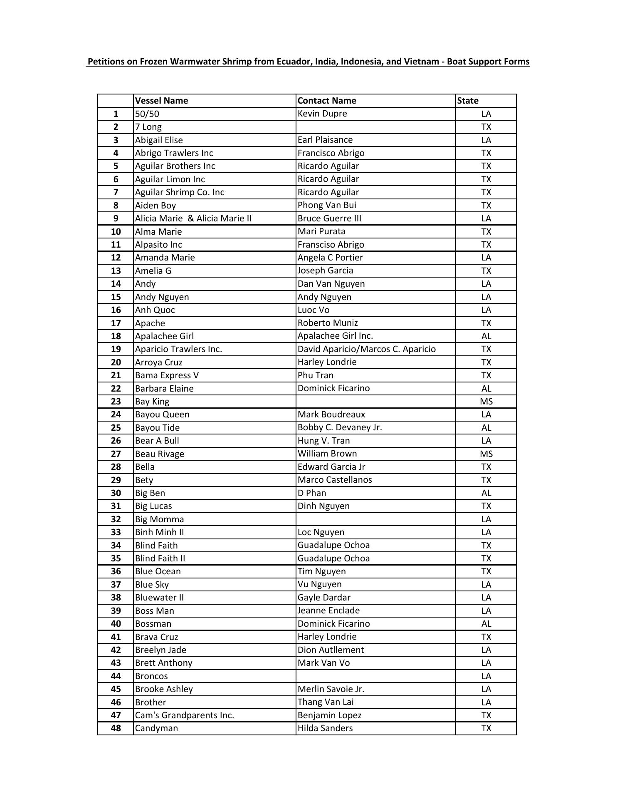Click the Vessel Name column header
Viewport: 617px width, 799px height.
(x=161, y=101)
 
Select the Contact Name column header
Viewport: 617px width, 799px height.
(x=327, y=101)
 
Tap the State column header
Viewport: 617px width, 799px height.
(x=468, y=101)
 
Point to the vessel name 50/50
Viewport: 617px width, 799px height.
(x=147, y=114)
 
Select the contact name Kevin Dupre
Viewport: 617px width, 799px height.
(x=322, y=114)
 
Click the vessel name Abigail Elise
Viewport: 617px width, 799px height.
(x=159, y=140)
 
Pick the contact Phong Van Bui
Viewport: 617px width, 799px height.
(x=327, y=205)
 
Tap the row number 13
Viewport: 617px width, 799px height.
(x=116, y=271)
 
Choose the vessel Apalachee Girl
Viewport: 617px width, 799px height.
(x=164, y=336)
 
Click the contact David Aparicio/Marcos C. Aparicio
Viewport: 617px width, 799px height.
(x=367, y=349)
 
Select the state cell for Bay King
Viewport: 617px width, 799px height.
(x=486, y=402)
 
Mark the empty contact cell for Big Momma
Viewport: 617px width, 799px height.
(x=375, y=519)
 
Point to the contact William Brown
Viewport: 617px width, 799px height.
(x=327, y=454)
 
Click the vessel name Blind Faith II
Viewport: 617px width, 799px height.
(x=160, y=558)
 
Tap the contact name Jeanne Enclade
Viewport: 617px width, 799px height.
(x=328, y=610)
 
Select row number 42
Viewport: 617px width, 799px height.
(x=116, y=650)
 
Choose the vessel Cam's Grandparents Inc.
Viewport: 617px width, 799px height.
(x=185, y=715)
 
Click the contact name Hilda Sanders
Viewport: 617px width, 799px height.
(x=325, y=728)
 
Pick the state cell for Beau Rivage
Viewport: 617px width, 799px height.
(x=486, y=454)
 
